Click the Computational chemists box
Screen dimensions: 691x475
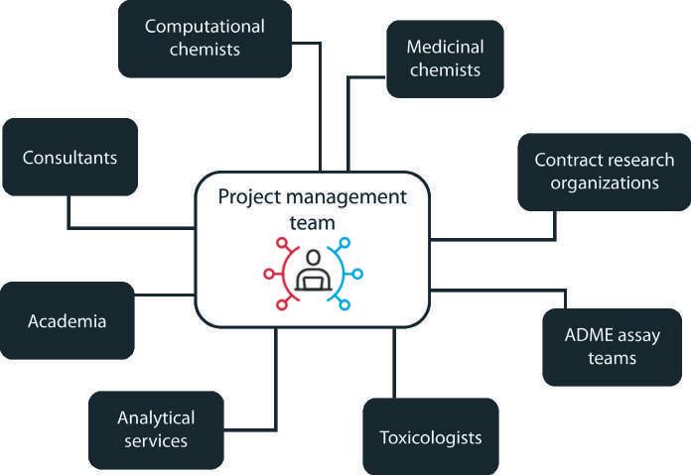(x=205, y=39)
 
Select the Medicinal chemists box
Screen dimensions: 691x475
(x=445, y=59)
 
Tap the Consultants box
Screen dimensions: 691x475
(x=70, y=157)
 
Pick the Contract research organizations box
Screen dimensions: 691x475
(x=605, y=173)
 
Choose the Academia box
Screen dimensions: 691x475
(x=67, y=321)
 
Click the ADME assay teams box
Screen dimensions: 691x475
(x=613, y=347)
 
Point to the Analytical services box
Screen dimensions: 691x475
(x=156, y=430)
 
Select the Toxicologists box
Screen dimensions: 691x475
(x=431, y=436)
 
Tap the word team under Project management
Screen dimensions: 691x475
(x=312, y=223)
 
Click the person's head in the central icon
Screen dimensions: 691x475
(x=314, y=258)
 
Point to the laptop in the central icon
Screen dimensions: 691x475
(x=314, y=283)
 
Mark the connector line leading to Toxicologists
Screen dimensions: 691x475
(x=394, y=363)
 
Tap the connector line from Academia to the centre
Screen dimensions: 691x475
(x=165, y=295)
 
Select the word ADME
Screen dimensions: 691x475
(x=586, y=335)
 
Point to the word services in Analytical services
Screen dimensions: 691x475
(x=156, y=441)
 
